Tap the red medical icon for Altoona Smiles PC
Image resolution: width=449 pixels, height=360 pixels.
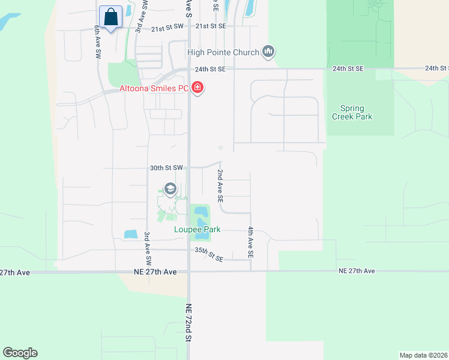click(x=197, y=89)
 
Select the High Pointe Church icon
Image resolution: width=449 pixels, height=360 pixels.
click(x=268, y=52)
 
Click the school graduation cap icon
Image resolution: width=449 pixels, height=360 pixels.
click(x=170, y=190)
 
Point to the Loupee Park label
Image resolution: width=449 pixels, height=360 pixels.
click(x=197, y=229)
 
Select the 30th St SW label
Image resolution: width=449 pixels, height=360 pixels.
click(x=167, y=169)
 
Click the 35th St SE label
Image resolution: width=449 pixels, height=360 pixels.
click(x=209, y=254)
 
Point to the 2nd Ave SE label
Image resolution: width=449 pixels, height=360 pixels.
click(x=220, y=185)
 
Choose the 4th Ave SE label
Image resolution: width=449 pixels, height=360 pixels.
click(x=250, y=242)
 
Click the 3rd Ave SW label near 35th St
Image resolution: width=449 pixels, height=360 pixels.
click(x=146, y=249)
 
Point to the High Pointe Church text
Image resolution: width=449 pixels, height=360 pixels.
click(x=223, y=52)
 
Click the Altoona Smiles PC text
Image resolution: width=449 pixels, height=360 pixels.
click(x=154, y=89)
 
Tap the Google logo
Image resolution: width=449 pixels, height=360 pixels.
click(x=20, y=353)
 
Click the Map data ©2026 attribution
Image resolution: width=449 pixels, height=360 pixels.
click(x=423, y=355)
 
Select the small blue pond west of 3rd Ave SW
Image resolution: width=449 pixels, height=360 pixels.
click(x=130, y=234)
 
